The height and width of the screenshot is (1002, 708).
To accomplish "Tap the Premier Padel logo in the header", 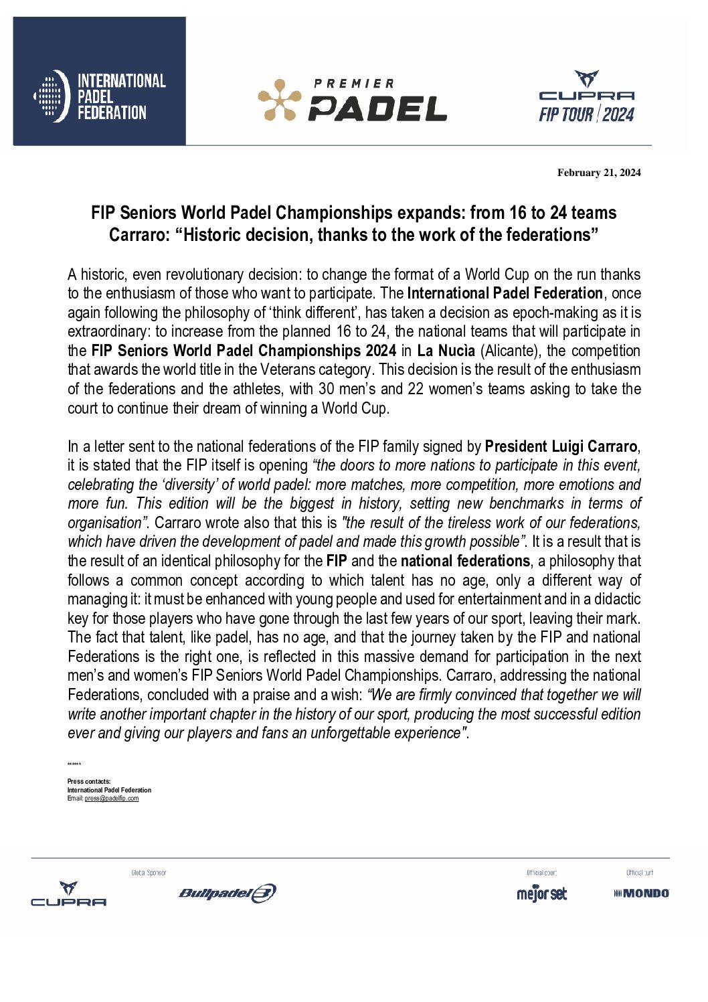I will point(353,100).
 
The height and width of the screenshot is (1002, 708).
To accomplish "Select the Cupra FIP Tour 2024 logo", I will point(586,98).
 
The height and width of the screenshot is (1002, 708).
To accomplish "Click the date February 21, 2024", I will point(599,173).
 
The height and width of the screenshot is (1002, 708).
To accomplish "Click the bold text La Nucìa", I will point(446,351).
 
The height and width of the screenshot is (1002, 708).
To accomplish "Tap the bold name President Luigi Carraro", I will point(561,446).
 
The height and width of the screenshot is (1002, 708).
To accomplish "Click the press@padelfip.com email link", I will point(112,799).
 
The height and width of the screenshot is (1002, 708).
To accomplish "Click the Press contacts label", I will point(89,781).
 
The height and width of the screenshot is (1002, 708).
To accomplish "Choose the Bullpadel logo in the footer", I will point(227,893).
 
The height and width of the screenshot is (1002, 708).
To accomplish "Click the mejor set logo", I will point(541,894).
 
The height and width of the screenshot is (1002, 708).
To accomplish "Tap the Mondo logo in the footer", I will point(641,893).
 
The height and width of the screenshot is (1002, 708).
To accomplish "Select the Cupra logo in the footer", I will point(68,894).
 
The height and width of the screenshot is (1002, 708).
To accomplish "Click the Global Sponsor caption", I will point(149,873).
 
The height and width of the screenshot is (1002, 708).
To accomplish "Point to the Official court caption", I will point(541,873).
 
